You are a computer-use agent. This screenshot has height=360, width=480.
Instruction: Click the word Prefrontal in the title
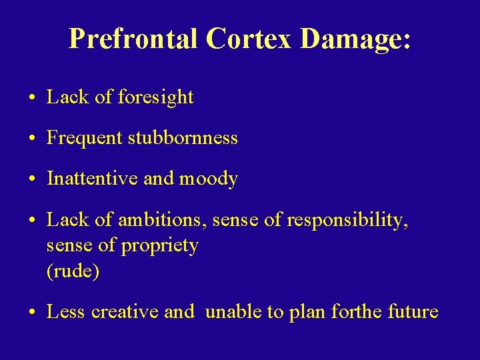coord(133,39)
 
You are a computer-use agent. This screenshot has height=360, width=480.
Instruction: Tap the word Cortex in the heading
coord(249,39)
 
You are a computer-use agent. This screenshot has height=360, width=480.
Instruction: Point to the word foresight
coord(155,98)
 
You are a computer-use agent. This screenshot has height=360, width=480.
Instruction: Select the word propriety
coord(159,247)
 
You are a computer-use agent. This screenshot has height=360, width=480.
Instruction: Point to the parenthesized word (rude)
coord(73,272)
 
